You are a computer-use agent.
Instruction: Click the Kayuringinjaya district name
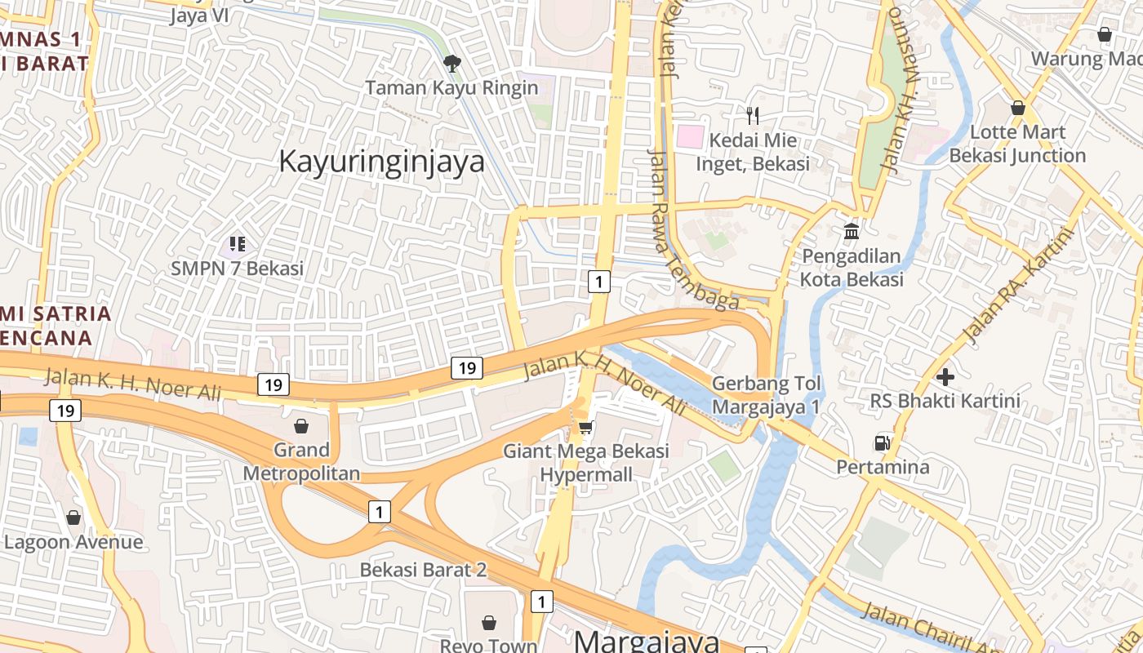pos(381,161)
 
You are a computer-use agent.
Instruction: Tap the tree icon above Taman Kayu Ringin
pos(451,62)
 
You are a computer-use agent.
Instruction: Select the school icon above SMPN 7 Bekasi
pos(238,243)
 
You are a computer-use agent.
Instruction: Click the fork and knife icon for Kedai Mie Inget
pos(753,115)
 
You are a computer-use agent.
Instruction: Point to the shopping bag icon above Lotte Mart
pos(1018,108)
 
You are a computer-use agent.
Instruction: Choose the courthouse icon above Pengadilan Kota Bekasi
pos(852,232)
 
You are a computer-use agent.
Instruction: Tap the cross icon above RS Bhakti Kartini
pos(945,377)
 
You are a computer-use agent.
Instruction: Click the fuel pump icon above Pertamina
pos(883,443)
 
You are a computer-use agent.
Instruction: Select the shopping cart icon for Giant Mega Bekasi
pos(585,427)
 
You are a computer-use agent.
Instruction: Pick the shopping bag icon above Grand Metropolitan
pos(301,426)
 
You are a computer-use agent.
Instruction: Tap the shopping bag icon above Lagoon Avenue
pos(73,518)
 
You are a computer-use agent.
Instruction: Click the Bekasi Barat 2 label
pos(423,570)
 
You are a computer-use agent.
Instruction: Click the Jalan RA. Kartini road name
pos(1017,286)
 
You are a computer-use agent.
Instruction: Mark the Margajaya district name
pos(647,641)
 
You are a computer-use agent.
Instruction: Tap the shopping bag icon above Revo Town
pos(489,623)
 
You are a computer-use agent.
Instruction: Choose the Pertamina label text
pos(883,467)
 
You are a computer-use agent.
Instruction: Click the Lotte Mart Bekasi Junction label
pos(1017,144)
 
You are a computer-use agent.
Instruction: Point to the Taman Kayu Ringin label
pos(451,87)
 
